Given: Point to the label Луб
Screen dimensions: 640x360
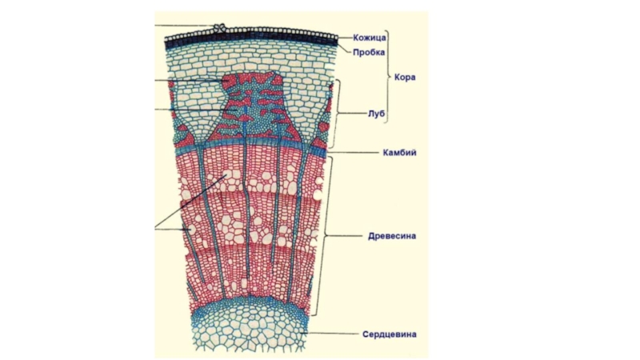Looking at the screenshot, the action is tap(378, 114).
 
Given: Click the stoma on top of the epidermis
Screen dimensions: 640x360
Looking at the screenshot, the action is tap(218, 28).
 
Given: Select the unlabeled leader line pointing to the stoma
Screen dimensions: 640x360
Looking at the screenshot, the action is tap(184, 26).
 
